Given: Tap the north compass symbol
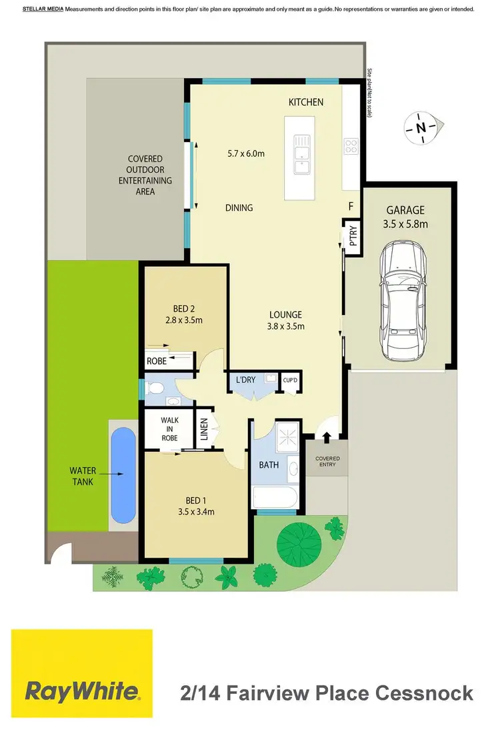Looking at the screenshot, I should pos(420,127).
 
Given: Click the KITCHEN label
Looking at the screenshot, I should pos(305,102).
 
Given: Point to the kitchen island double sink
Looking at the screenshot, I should pos(301,152).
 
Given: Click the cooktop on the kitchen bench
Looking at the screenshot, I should pos(351,146).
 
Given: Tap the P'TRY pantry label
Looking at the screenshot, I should pos(353,236).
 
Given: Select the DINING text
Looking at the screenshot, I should pos(239,208).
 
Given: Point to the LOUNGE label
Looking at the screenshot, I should pos(286,314).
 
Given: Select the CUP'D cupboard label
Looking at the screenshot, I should pos(289,380).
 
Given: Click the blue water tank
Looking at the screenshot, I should pos(123,475).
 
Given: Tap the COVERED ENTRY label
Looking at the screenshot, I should pos(327,462).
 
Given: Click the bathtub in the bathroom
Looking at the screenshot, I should pos(276,497).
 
